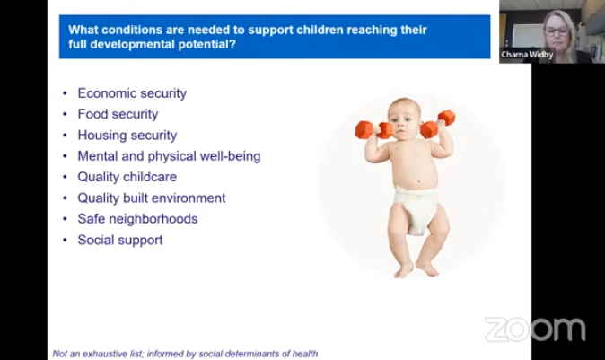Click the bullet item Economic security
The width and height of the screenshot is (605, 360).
click(x=132, y=93)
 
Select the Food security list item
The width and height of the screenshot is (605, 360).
click(x=118, y=114)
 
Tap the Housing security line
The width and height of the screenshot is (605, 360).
click(x=127, y=136)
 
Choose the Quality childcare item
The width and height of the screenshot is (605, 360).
click(x=127, y=177)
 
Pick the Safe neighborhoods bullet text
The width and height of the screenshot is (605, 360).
click(x=137, y=219)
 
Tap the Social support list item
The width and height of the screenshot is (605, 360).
click(x=120, y=240)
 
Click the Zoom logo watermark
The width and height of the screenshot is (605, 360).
click(x=535, y=329)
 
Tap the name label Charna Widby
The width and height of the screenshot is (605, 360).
click(x=527, y=55)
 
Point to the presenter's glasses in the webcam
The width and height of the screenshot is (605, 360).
click(x=557, y=31)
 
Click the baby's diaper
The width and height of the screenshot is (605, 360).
click(x=416, y=207)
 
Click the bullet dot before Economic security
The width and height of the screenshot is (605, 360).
click(x=65, y=93)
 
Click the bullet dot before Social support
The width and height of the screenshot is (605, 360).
click(x=65, y=240)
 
